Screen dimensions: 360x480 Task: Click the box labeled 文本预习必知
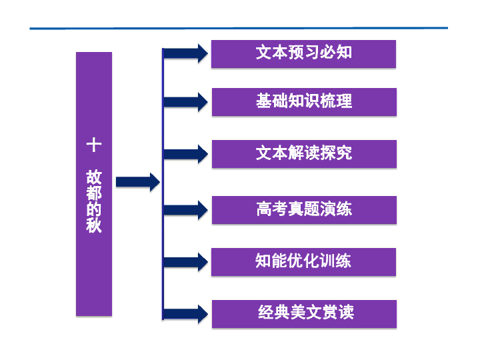[303, 53]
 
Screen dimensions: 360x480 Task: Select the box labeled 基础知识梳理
[303, 102]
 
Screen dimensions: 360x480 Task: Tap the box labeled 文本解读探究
[303, 153]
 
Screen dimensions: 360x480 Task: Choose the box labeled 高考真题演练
[303, 209]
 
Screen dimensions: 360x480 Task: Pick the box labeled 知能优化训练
[303, 261]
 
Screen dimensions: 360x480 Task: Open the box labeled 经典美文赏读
[303, 313]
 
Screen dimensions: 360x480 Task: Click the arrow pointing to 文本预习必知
[186, 53]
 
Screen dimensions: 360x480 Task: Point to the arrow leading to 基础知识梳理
[186, 103]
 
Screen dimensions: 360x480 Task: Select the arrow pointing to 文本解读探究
[186, 154]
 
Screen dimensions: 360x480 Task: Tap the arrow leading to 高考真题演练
[186, 210]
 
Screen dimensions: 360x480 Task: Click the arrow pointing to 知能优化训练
[186, 262]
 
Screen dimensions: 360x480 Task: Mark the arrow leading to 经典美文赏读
[186, 314]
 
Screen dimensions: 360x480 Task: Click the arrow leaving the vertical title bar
[137, 181]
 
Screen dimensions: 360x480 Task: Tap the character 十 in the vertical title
[94, 145]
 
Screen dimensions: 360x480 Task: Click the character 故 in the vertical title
[94, 177]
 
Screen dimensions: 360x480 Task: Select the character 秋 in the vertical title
[94, 225]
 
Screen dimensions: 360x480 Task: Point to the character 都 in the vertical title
[94, 193]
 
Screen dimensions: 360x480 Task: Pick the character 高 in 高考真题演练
[264, 209]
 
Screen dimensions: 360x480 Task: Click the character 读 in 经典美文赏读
[345, 313]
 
